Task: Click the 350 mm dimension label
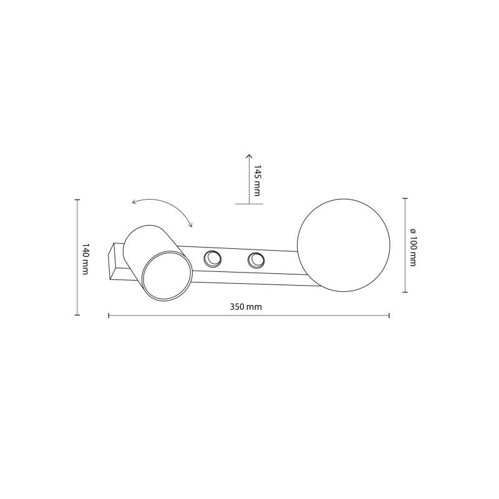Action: click(246, 307)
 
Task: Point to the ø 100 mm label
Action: click(413, 245)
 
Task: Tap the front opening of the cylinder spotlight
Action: click(165, 274)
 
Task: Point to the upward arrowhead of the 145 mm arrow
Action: click(248, 156)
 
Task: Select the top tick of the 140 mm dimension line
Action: click(77, 200)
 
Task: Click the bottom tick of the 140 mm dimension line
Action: click(77, 315)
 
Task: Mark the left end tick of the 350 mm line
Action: click(109, 315)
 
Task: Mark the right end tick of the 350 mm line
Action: click(389, 315)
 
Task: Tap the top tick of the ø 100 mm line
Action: click(405, 198)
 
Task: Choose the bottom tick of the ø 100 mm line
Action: click(405, 291)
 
